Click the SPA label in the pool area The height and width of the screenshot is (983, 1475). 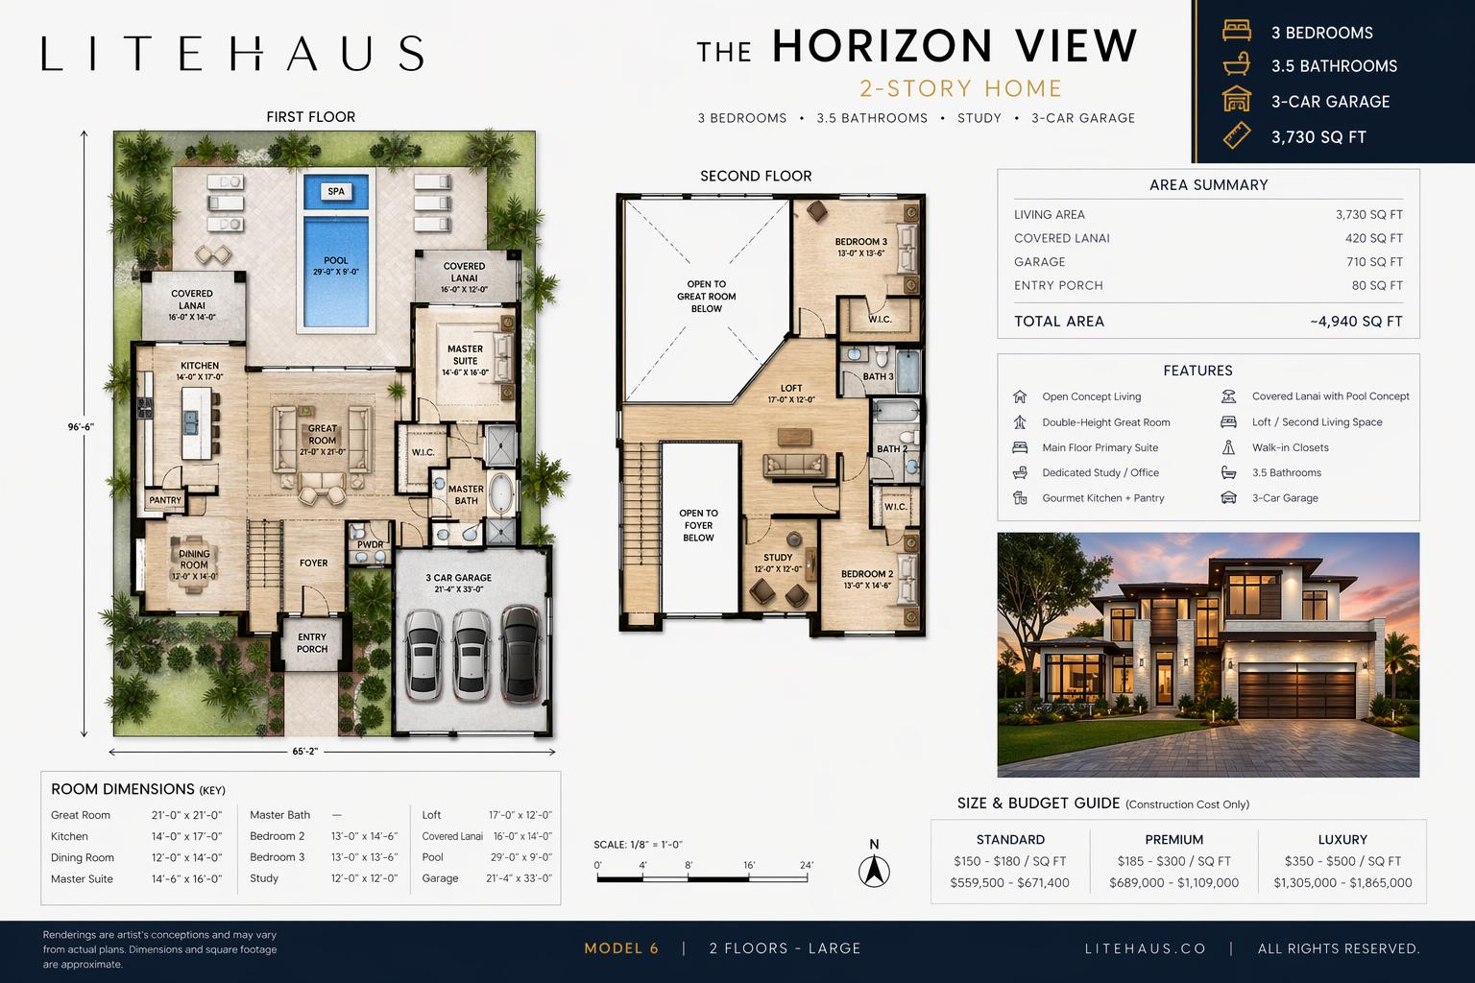pyautogui.click(x=336, y=192)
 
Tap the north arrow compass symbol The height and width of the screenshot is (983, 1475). pyautogui.click(x=874, y=871)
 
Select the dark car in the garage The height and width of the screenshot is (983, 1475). pyautogui.click(x=520, y=654)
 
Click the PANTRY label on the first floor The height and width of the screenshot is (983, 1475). pyautogui.click(x=164, y=500)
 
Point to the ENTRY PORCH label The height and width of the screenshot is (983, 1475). pyautogui.click(x=312, y=642)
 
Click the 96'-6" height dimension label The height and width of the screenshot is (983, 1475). pyautogui.click(x=81, y=426)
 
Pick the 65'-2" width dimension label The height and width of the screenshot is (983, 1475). pyautogui.click(x=304, y=752)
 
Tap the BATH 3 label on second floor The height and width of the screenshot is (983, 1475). pyautogui.click(x=879, y=376)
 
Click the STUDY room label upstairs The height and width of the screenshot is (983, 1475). pyautogui.click(x=778, y=557)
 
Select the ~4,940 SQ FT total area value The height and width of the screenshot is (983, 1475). pyautogui.click(x=1356, y=322)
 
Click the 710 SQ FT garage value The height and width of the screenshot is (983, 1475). pyautogui.click(x=1374, y=262)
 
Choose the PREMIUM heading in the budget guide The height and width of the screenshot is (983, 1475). pyautogui.click(x=1174, y=839)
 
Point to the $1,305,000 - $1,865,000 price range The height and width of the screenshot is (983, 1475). pyautogui.click(x=1342, y=883)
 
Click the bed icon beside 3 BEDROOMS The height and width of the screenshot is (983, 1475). pyautogui.click(x=1237, y=31)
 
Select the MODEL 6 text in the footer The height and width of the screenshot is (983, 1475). pyautogui.click(x=621, y=948)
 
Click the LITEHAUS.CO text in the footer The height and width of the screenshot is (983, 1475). pyautogui.click(x=1146, y=948)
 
